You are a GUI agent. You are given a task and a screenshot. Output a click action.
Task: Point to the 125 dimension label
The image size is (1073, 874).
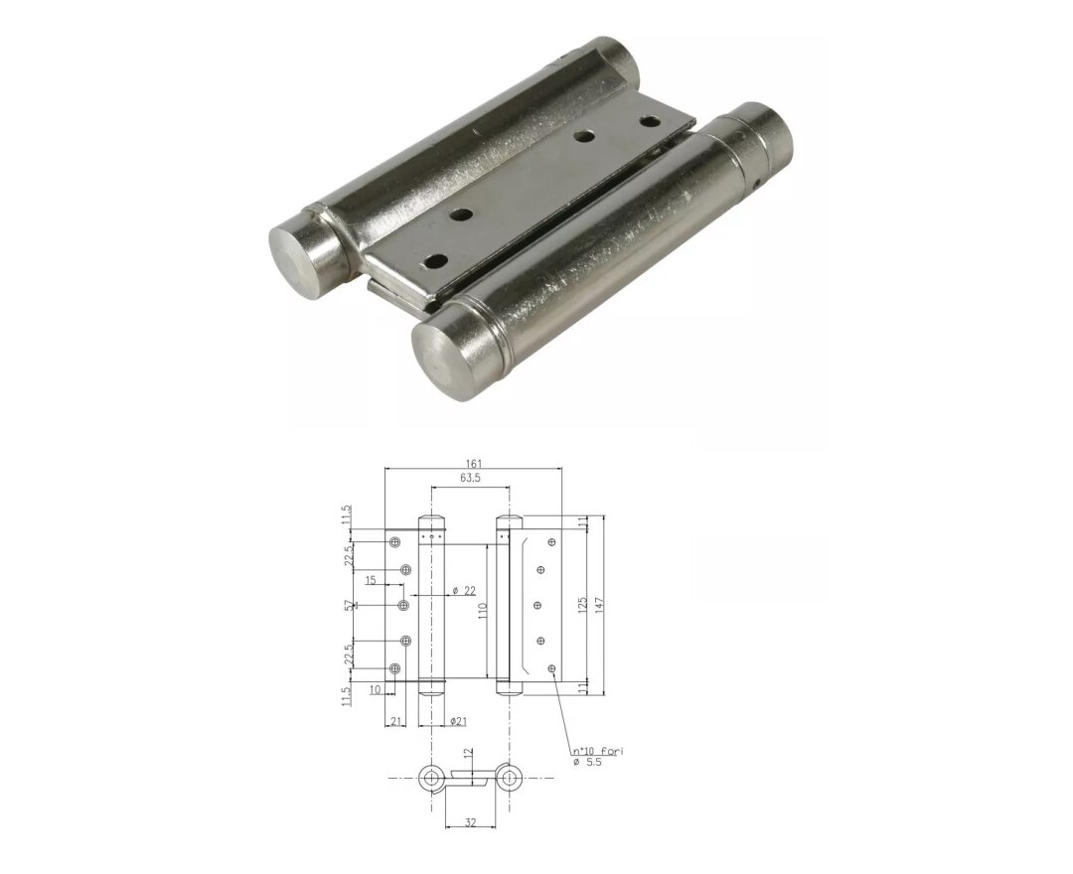583,604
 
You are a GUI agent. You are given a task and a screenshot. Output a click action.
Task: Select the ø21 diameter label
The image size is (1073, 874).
458,721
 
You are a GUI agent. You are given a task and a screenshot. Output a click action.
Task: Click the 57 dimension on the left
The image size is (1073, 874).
348,605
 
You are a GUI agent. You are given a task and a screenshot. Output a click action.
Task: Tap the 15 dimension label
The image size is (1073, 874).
370,580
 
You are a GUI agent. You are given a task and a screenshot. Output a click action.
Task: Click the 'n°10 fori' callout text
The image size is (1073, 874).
597,750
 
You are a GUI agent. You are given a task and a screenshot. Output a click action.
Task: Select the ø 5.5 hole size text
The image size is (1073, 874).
587,762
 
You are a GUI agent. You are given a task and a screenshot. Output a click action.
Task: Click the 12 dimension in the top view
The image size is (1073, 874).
467,756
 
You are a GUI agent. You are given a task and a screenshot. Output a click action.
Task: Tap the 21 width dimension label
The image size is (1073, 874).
395,721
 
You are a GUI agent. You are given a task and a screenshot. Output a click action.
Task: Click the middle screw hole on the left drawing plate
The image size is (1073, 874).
403,605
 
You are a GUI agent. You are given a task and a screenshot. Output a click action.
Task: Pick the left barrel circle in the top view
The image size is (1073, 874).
431,779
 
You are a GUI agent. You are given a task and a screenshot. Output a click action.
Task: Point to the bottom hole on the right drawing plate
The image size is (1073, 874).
551,668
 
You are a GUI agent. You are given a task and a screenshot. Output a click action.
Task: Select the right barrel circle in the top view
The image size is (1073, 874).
510,779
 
